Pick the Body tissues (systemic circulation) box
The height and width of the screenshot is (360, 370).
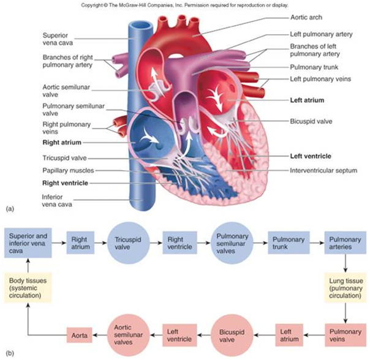[24, 286]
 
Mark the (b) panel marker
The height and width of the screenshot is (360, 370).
[9, 353]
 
